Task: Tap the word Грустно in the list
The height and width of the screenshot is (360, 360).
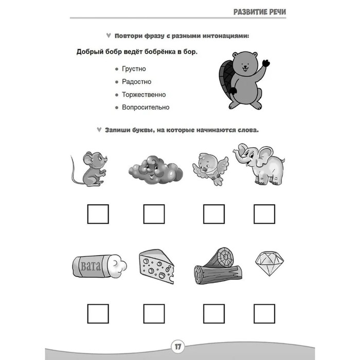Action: [134, 68]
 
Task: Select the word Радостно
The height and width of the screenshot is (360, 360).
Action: [136, 82]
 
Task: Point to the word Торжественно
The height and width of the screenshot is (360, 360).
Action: [144, 95]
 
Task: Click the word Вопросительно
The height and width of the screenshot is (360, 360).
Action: [146, 107]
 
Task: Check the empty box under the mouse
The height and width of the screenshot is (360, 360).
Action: [98, 214]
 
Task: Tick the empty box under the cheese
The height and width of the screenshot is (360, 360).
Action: [154, 313]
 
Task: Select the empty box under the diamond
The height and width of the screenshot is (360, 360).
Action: [264, 313]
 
